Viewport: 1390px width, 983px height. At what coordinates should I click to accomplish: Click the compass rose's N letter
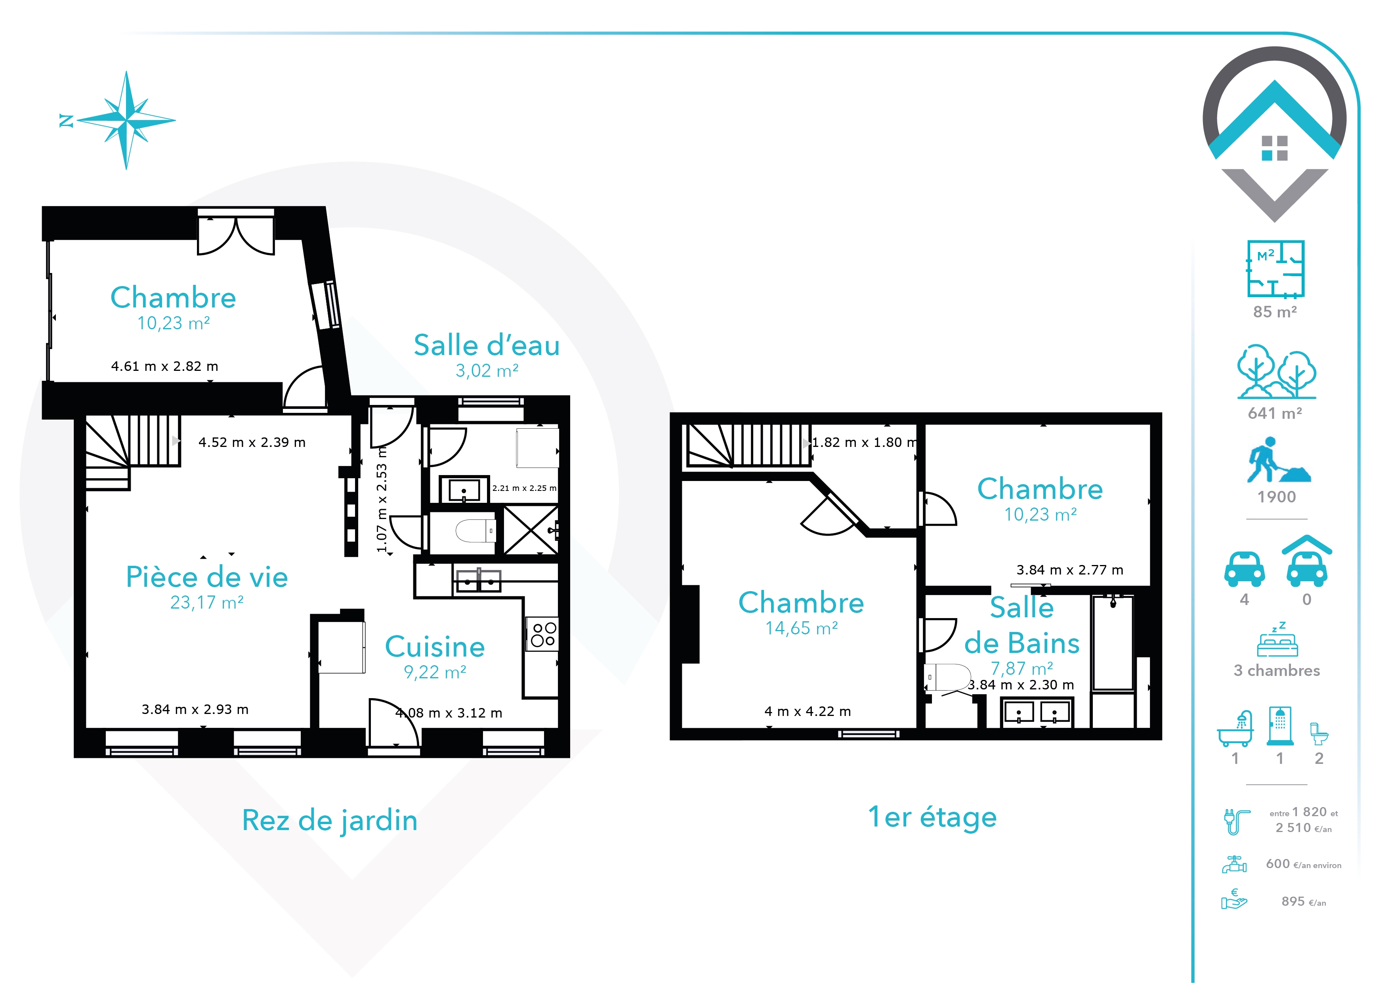(x=66, y=121)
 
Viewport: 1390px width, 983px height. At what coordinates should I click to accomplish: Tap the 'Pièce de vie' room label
(x=207, y=577)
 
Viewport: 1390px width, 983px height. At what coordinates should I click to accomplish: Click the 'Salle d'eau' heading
(x=487, y=345)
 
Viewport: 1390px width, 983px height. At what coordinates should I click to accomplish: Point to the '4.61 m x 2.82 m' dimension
(x=165, y=366)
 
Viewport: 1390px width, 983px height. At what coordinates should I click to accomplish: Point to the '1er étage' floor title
(x=932, y=817)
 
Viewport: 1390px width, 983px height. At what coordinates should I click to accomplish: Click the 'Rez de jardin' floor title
(x=330, y=821)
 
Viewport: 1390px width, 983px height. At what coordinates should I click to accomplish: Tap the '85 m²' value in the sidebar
(x=1275, y=312)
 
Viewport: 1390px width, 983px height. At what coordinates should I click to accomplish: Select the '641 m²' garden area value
(x=1275, y=413)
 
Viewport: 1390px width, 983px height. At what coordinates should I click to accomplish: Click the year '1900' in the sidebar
(x=1276, y=497)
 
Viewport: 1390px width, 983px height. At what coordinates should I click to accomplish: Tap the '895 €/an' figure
(x=1304, y=902)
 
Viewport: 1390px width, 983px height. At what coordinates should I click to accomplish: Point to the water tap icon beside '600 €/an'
(x=1234, y=865)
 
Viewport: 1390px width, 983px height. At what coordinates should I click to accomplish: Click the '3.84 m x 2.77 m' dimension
(x=1070, y=570)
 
